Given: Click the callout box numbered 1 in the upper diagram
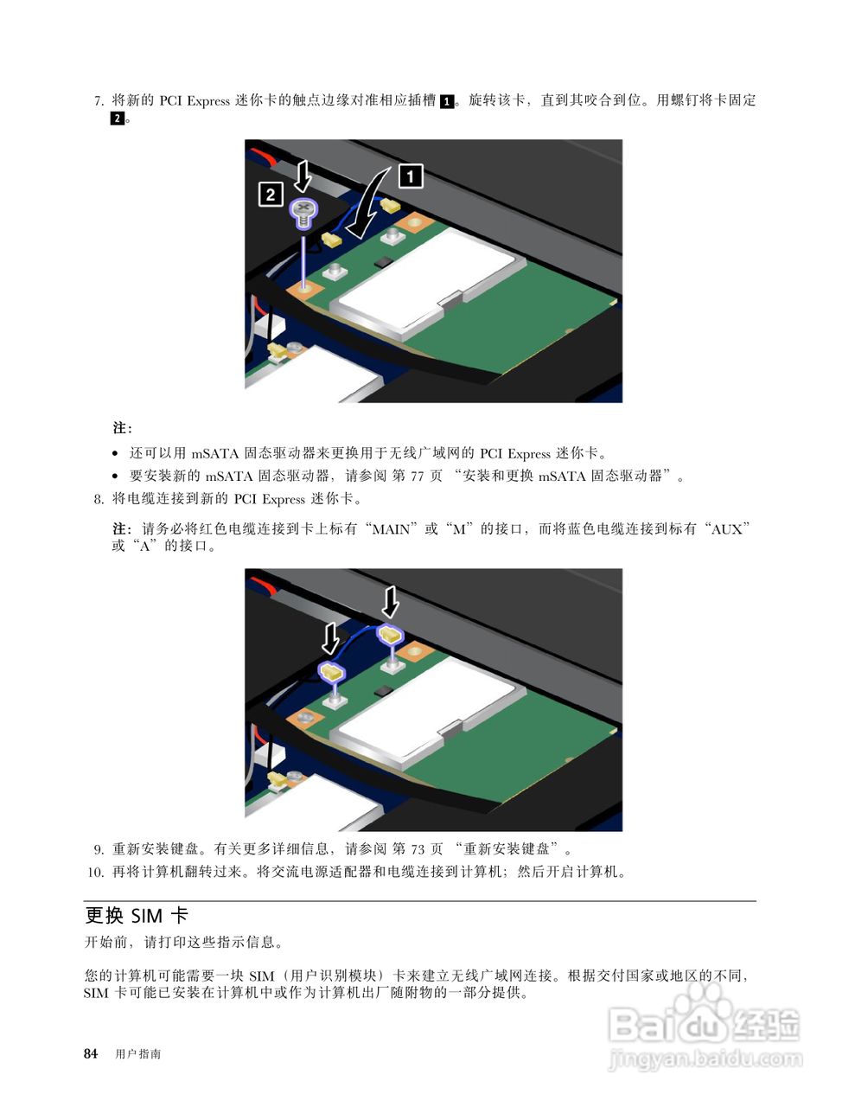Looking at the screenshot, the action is [411, 176].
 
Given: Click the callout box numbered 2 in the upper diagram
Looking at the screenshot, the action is [271, 194].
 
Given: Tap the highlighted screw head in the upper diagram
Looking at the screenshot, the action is [304, 208].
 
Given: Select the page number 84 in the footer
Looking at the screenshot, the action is [91, 1054].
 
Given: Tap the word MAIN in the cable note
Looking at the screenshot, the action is [391, 530].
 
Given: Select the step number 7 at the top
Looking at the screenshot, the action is [99, 101].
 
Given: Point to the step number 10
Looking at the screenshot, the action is [96, 873].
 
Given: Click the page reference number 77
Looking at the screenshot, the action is [417, 477].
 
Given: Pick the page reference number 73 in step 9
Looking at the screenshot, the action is [418, 849].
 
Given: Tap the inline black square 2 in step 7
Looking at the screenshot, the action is [117, 118].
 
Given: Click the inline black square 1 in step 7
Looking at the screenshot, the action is [447, 101].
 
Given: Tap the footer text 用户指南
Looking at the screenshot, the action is [137, 1054].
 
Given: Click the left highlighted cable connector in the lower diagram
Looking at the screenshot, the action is [331, 671].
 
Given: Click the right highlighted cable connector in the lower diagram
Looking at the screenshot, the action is [390, 635].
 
